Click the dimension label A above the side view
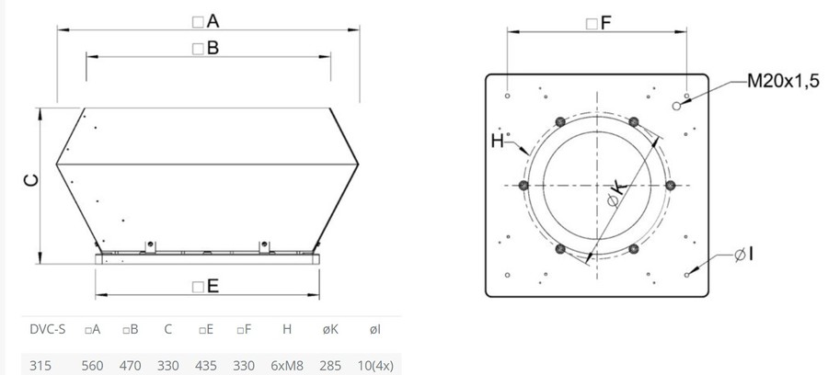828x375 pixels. (x=206, y=22)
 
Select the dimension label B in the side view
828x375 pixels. (x=206, y=49)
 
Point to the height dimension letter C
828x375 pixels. (x=31, y=180)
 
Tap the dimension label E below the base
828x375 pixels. (x=206, y=287)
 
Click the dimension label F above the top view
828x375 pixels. (x=599, y=23)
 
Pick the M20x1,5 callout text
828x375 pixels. (x=784, y=81)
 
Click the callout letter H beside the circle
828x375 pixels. (x=498, y=141)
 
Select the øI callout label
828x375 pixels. (x=744, y=255)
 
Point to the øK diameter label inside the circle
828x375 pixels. (x=615, y=194)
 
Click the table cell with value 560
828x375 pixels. (x=92, y=366)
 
